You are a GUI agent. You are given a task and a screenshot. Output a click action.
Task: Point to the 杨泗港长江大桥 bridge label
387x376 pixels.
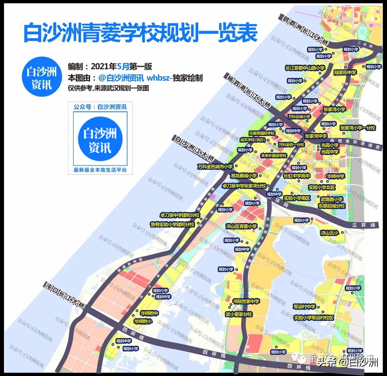pyautogui.click(x=248, y=91)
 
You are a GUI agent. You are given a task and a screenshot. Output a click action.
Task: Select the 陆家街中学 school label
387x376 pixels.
pyautogui.click(x=345, y=72)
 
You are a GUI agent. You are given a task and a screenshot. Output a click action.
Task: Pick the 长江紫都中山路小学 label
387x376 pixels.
pyautogui.click(x=305, y=68)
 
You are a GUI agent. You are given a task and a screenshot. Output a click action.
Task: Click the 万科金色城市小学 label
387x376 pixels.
pyautogui.click(x=215, y=166)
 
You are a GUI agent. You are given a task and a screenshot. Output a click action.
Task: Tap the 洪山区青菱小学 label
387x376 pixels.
pyautogui.click(x=242, y=226)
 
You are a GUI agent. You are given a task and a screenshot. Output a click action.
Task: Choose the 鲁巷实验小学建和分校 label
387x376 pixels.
pyautogui.click(x=172, y=224)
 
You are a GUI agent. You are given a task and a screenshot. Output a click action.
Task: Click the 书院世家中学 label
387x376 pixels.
pyautogui.click(x=245, y=301)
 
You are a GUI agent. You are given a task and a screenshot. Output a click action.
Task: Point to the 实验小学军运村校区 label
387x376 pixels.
pyautogui.click(x=313, y=318)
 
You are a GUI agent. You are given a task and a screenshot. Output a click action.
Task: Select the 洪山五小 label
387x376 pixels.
pyautogui.click(x=330, y=232)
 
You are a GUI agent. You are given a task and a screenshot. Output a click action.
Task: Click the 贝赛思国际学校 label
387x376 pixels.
pyautogui.click(x=262, y=133)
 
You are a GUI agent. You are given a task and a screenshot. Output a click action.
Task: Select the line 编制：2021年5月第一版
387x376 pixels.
pyautogui.click(x=109, y=67)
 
